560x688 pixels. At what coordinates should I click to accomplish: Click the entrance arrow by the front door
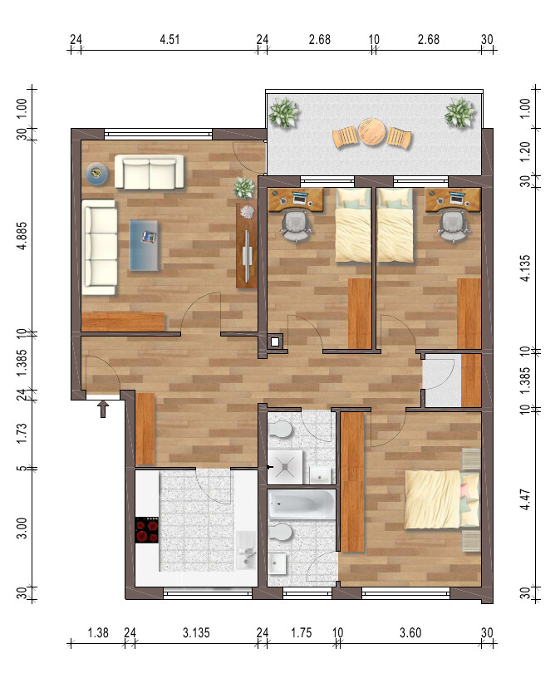[x=103, y=409]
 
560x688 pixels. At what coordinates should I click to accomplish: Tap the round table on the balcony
[x=371, y=131]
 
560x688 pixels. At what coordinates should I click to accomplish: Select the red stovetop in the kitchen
[x=147, y=530]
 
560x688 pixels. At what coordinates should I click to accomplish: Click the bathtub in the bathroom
[x=302, y=504]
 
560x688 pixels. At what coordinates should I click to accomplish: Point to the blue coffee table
[x=145, y=245]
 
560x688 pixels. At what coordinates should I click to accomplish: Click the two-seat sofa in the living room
[x=150, y=172]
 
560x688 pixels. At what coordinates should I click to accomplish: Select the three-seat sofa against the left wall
[x=100, y=247]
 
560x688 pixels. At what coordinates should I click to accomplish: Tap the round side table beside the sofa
[x=96, y=174]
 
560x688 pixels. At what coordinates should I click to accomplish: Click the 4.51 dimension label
[x=169, y=40]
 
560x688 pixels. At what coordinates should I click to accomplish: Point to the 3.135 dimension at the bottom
[x=196, y=632]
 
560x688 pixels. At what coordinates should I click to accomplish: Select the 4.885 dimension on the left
[x=22, y=235]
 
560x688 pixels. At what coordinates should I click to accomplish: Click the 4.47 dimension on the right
[x=525, y=499]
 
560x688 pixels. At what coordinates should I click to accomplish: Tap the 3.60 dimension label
[x=410, y=632]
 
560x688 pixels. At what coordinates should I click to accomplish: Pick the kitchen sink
[x=247, y=551]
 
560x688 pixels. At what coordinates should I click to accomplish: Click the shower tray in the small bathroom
[x=285, y=467]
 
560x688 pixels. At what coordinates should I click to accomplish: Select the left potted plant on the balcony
[x=283, y=112]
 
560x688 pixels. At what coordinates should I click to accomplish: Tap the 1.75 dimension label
[x=302, y=632]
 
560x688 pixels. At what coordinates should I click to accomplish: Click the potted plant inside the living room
[x=243, y=187]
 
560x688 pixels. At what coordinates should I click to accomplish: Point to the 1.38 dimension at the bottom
[x=98, y=632]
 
